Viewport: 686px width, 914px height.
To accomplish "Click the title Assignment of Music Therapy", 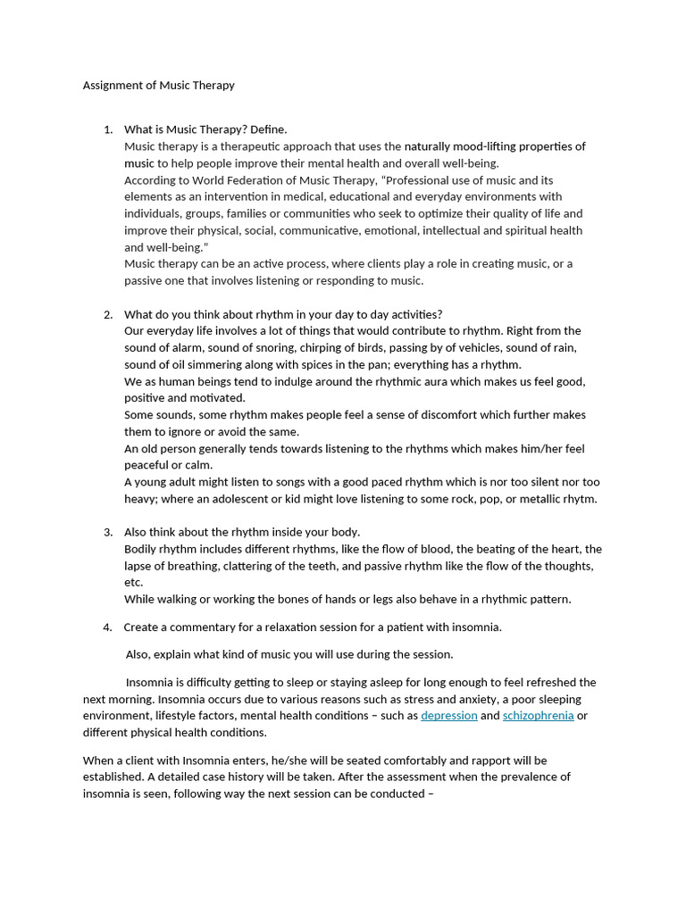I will (x=158, y=86).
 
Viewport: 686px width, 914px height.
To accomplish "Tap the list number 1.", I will (x=107, y=129).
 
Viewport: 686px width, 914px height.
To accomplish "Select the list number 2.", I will (x=107, y=314).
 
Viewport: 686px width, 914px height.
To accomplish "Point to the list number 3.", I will (x=107, y=532).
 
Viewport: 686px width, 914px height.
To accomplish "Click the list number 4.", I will (x=107, y=627).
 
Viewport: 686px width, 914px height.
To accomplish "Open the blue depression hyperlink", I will (x=448, y=716).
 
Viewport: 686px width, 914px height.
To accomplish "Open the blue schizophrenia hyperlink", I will (x=538, y=716).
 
